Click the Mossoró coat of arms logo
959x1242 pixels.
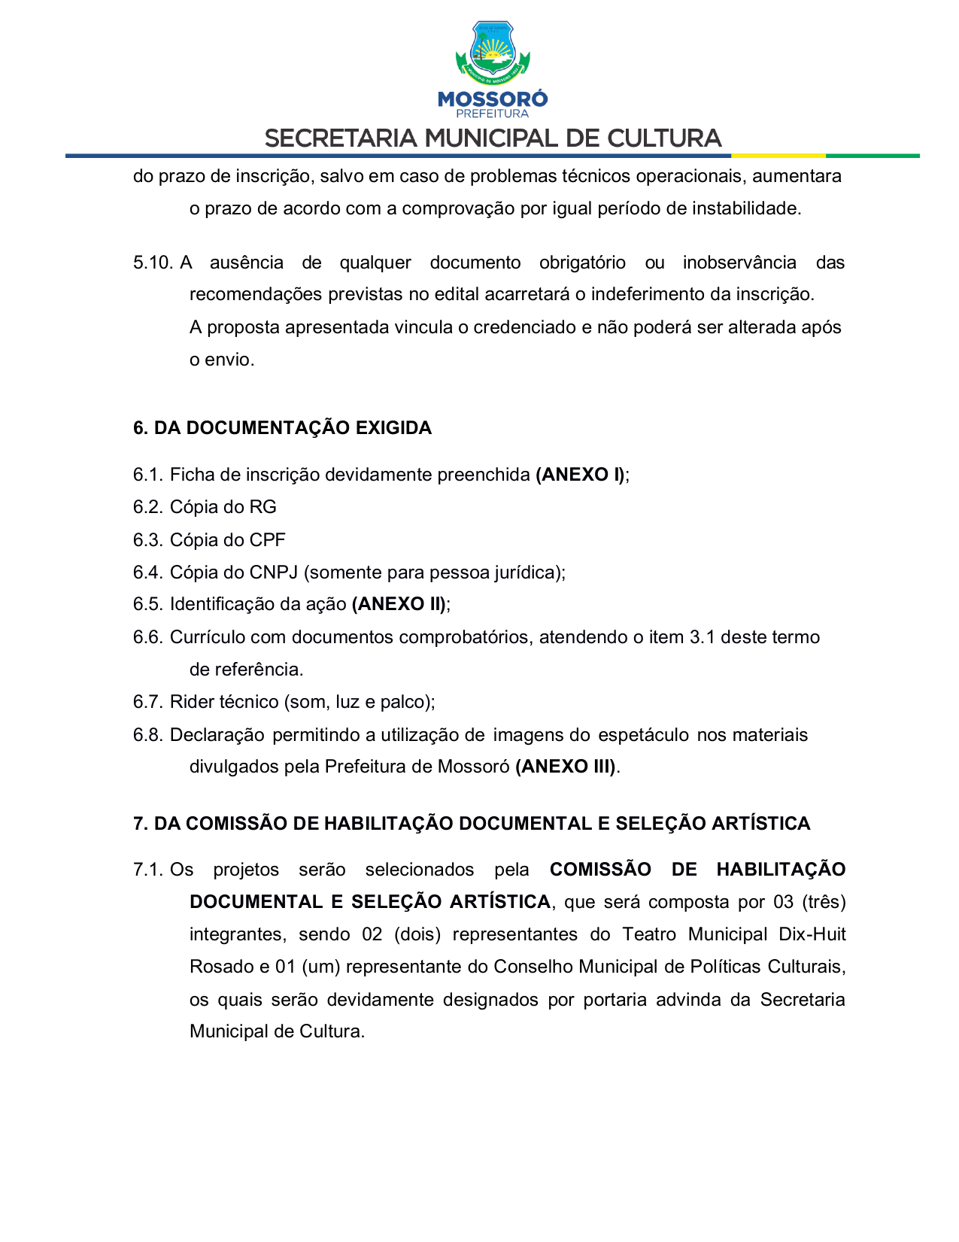point(493,52)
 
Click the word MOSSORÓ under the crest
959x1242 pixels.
point(493,99)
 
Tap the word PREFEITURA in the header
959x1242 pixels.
point(493,114)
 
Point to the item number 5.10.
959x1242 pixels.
point(153,263)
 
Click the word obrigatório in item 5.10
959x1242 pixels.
point(582,263)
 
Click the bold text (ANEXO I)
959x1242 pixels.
point(580,475)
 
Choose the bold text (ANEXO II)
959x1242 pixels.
point(399,604)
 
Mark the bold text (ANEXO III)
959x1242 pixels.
point(566,767)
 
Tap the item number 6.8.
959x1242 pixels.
point(147,735)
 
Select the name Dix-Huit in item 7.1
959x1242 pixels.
point(812,934)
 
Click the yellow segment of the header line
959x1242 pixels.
point(778,156)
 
